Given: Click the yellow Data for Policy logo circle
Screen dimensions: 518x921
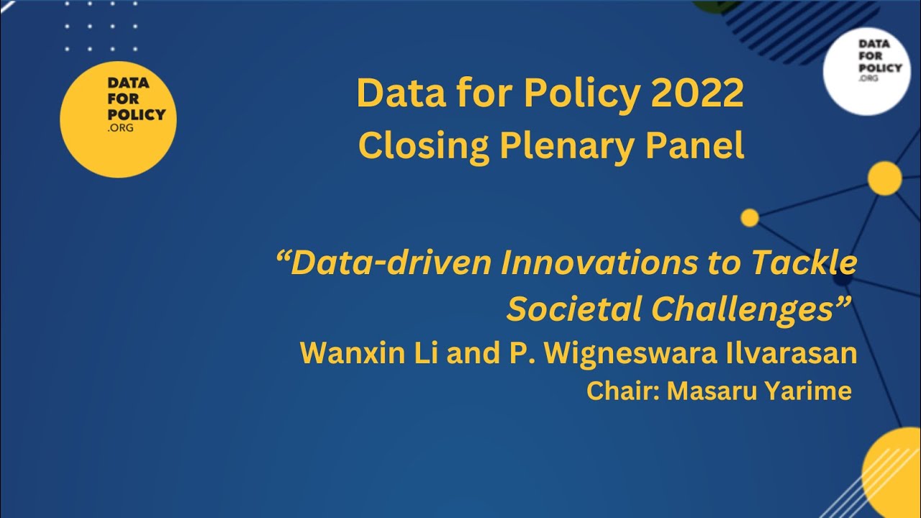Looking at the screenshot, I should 118,119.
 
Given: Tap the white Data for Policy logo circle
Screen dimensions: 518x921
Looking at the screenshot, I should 866,71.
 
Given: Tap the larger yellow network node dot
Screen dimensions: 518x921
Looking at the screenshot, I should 884,178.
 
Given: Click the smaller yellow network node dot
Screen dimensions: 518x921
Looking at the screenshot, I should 750,217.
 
